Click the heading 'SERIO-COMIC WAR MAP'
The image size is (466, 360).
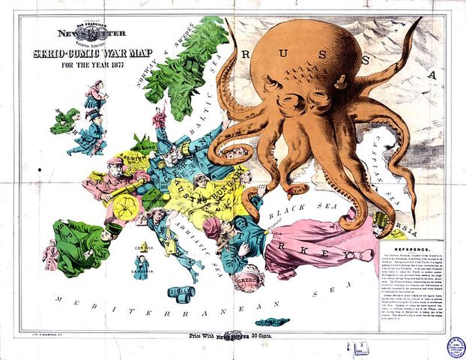tap(88, 54)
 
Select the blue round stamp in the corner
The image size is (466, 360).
tap(455, 346)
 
